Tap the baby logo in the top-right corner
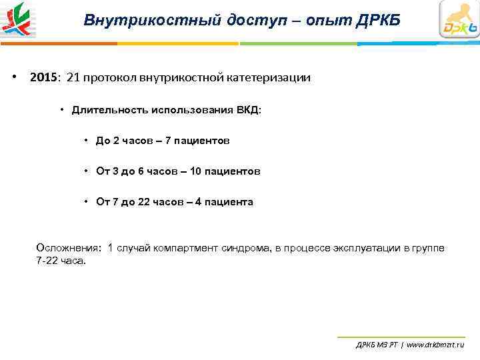(x=459, y=20)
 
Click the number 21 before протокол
(x=73, y=77)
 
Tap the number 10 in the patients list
(x=195, y=171)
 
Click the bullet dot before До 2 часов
(x=87, y=141)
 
